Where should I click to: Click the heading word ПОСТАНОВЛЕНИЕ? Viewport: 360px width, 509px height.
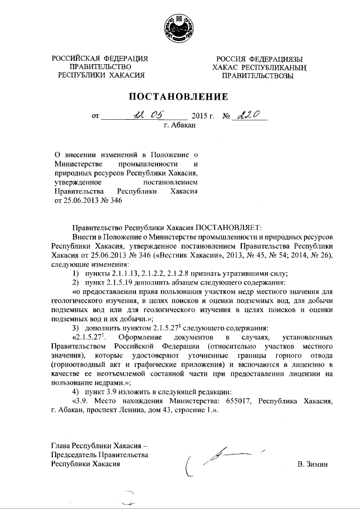click(179, 97)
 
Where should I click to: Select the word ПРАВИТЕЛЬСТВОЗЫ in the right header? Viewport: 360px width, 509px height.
click(258, 76)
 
